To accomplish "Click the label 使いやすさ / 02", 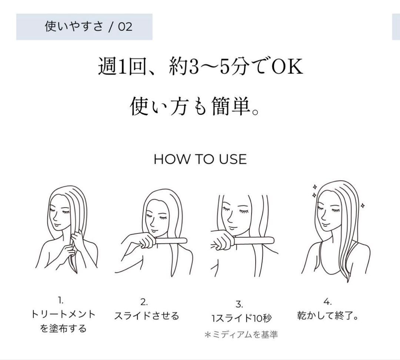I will point(88,27).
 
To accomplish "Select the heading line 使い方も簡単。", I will point(194,106).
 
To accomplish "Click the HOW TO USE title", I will point(200,159).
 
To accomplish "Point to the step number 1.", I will point(61,300).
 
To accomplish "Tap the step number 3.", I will point(239,304).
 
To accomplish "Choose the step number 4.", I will point(327,301).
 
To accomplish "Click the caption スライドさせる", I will point(146,316).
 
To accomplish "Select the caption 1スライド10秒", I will point(241,318).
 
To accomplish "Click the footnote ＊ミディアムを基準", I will point(241,335).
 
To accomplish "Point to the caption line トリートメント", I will point(63,314).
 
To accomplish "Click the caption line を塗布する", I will point(63,328).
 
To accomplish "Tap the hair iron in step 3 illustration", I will point(254,241).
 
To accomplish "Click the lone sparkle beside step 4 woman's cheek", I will point(362,205).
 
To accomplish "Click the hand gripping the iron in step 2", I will point(145,241).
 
